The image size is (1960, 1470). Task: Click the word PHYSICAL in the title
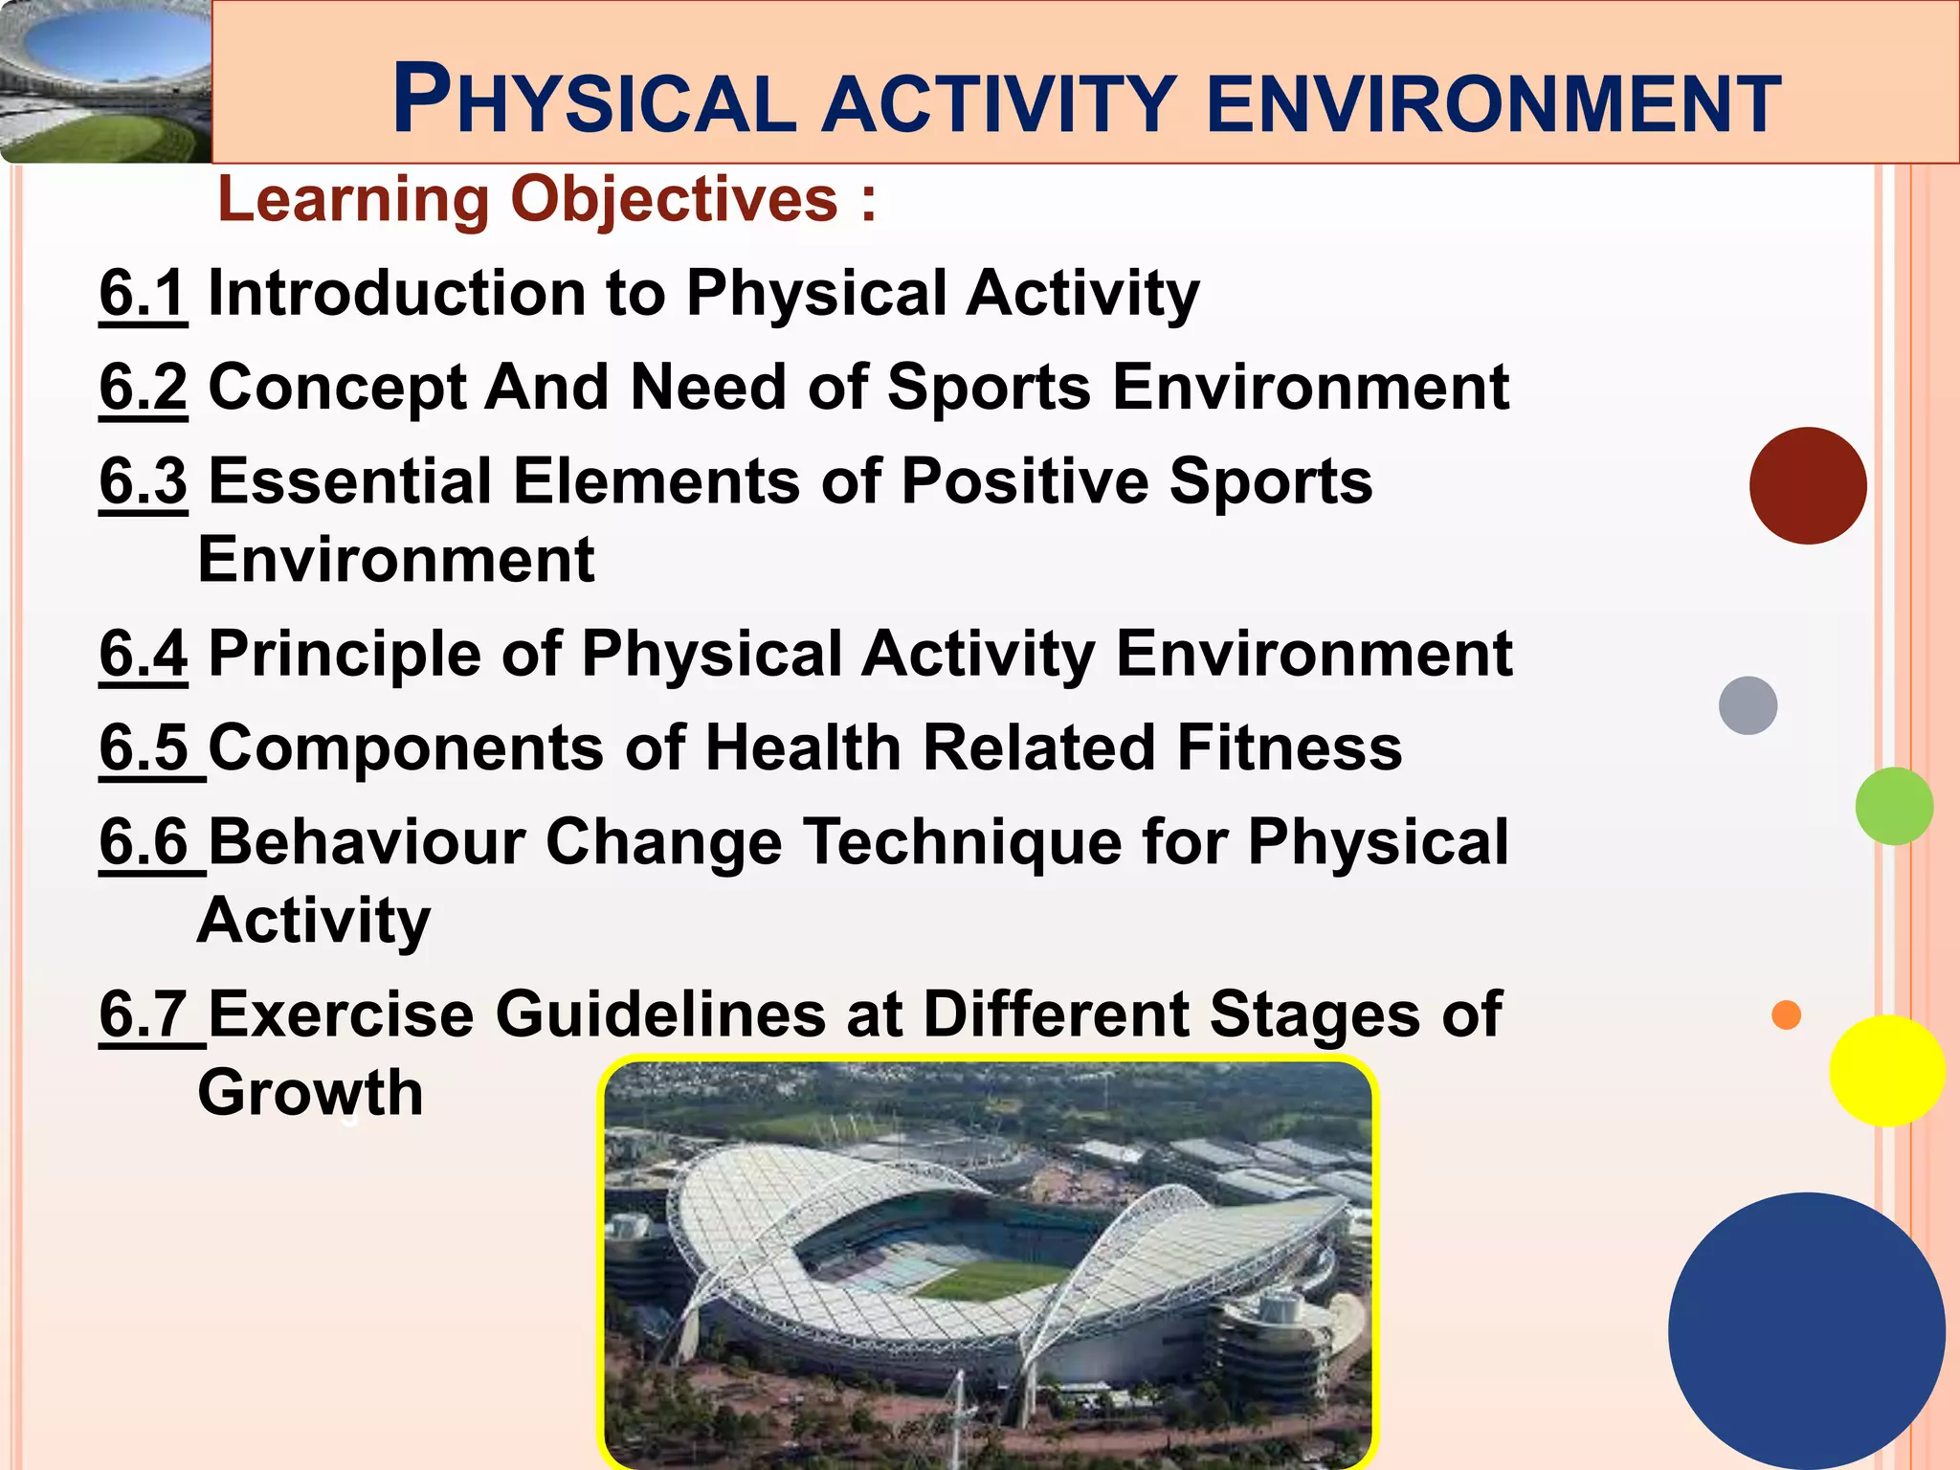[x=593, y=100]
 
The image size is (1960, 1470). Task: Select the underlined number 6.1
[x=143, y=293]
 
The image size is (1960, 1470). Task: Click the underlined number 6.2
[x=143, y=387]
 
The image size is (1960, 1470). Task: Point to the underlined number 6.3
[x=143, y=480]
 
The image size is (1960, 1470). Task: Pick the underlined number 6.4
[x=143, y=654]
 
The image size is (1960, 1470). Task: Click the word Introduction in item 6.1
[x=396, y=293]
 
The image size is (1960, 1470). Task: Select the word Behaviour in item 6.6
[x=366, y=842]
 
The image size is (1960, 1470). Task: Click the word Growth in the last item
[x=310, y=1093]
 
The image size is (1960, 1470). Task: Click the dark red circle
[x=1807, y=486]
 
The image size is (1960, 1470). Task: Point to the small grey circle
[x=1748, y=705]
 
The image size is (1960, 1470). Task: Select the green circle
[x=1893, y=806]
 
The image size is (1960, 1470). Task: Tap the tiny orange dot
[x=1786, y=1014]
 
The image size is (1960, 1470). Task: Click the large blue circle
[x=1807, y=1331]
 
